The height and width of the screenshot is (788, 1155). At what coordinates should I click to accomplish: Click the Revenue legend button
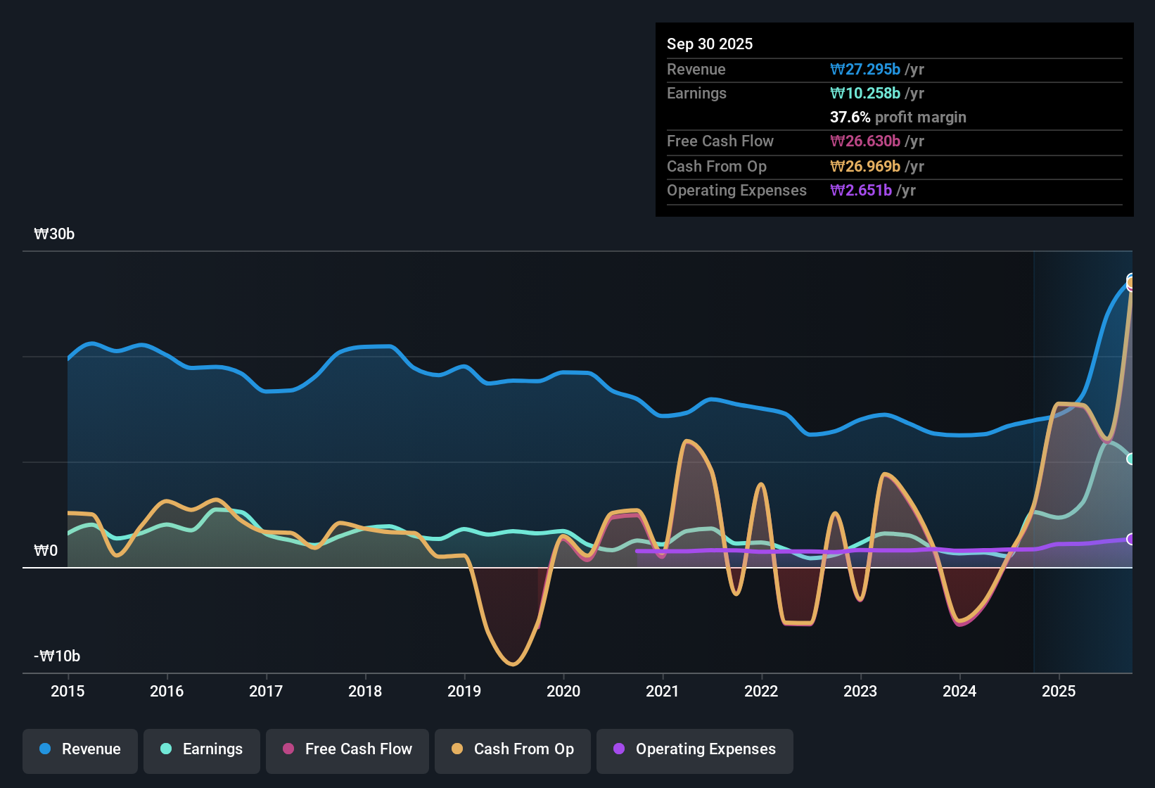[80, 749]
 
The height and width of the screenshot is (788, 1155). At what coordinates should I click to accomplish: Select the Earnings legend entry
[202, 749]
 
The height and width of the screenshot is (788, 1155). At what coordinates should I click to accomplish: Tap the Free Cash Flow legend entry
[347, 749]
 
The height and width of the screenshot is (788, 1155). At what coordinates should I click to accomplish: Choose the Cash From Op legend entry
[513, 749]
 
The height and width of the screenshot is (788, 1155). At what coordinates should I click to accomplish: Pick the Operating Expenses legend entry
[695, 749]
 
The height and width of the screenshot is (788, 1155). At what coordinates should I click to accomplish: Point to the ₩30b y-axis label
[54, 234]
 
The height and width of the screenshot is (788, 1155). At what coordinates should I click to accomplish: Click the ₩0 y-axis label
[46, 551]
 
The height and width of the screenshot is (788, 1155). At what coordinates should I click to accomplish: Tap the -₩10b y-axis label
[57, 656]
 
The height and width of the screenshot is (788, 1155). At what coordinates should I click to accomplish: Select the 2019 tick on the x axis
[464, 691]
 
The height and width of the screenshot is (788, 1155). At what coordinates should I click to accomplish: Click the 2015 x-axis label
[68, 691]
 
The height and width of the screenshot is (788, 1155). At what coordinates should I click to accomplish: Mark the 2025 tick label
[1059, 691]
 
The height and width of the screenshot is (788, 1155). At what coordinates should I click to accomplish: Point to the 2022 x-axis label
[761, 691]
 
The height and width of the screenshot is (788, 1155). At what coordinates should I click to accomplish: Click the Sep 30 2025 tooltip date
[709, 44]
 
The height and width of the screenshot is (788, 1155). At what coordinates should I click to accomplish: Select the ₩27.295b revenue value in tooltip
[865, 69]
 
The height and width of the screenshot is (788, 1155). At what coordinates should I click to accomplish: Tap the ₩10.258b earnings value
[865, 93]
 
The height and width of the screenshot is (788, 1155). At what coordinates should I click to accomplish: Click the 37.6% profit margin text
[898, 117]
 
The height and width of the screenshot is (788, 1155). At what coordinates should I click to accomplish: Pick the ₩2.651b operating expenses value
[861, 190]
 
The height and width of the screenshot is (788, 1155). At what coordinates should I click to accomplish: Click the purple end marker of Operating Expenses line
[1131, 539]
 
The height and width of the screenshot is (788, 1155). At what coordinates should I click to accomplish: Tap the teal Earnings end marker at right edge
[1131, 459]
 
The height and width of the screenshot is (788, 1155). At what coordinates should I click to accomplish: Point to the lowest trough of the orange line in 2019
[513, 664]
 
